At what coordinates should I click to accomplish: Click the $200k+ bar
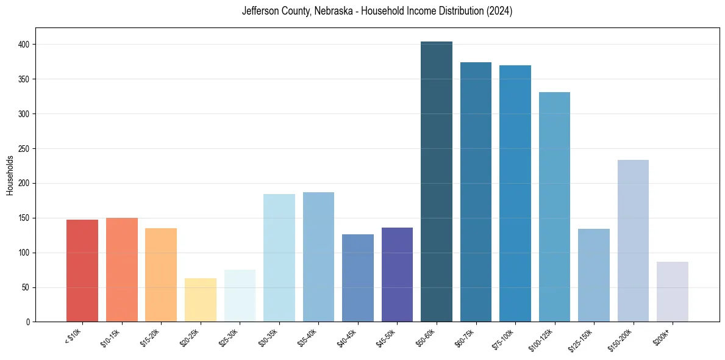tap(673, 292)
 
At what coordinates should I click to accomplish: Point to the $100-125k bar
tap(554, 207)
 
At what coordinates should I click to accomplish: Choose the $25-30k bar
tap(240, 296)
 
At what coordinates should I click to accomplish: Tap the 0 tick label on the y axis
tap(28, 322)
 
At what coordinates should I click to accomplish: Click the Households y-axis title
tap(10, 175)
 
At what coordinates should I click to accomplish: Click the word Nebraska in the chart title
tap(334, 11)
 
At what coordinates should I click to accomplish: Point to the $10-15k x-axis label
tap(110, 337)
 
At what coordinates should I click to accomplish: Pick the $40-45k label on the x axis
tap(346, 337)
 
